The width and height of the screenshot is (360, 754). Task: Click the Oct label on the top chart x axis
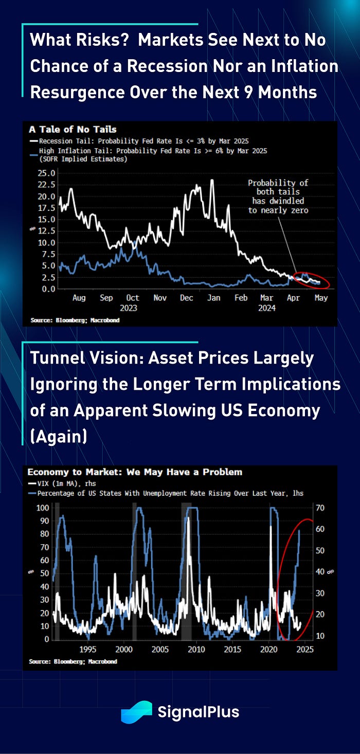tap(132, 298)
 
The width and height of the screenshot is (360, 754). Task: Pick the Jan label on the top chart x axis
tap(213, 298)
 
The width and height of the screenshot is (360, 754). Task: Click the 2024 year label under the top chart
tap(267, 308)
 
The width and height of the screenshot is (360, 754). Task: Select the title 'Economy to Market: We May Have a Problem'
tap(135, 472)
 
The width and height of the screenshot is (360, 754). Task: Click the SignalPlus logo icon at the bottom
tap(136, 712)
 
